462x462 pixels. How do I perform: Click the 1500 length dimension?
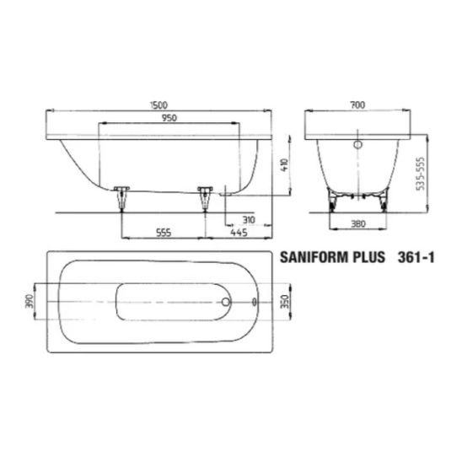tap(158, 105)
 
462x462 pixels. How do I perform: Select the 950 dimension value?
tap(169, 118)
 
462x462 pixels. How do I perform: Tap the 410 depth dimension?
tap(285, 165)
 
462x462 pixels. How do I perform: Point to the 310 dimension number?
tap(249, 220)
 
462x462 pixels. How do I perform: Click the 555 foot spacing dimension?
tap(164, 233)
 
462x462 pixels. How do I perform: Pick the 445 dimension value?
tap(239, 233)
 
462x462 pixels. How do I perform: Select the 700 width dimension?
tap(357, 105)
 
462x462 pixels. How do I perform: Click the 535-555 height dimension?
tap(422, 174)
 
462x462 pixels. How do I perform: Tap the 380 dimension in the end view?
tap(358, 224)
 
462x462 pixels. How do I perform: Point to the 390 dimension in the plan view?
tap(30, 301)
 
